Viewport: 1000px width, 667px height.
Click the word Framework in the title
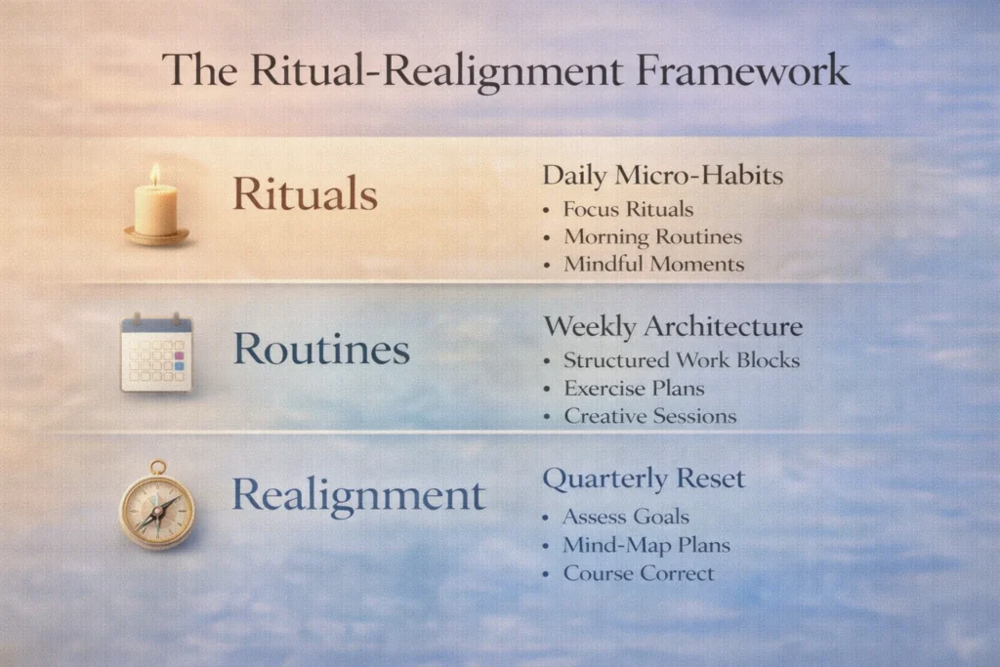pos(742,69)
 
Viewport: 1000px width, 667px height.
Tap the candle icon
pos(156,205)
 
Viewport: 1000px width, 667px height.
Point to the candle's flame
pos(155,174)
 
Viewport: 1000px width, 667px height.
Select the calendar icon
pos(156,352)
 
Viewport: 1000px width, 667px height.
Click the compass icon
pos(157,505)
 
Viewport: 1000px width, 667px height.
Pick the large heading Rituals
pos(305,193)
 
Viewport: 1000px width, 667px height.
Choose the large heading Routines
pos(321,349)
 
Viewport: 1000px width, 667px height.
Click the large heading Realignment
pos(358,496)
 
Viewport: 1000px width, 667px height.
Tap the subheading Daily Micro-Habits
pos(663,176)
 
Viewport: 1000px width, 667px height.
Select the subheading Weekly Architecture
pos(673,326)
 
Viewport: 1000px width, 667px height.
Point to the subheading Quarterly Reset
pos(644,479)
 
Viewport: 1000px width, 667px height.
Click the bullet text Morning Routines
pos(653,237)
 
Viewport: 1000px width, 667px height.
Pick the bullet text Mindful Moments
pos(653,264)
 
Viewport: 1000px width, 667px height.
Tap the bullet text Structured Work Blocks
pos(682,360)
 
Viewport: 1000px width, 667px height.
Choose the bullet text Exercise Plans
pos(634,389)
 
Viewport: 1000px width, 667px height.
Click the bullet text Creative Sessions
pos(649,416)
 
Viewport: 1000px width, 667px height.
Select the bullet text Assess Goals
pos(626,517)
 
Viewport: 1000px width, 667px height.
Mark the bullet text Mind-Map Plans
pos(646,545)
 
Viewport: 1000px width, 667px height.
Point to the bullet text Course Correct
pos(639,573)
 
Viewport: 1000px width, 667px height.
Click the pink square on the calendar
pos(180,355)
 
